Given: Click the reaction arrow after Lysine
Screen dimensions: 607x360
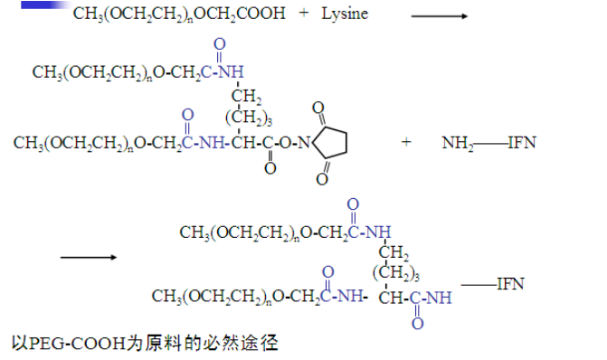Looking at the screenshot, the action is pyautogui.click(x=439, y=16).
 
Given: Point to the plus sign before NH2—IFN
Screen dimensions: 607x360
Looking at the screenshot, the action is pyautogui.click(x=406, y=142).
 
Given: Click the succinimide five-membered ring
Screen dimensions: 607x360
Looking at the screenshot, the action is pyautogui.click(x=331, y=141).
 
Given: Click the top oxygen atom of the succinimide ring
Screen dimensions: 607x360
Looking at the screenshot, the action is pyautogui.click(x=318, y=107).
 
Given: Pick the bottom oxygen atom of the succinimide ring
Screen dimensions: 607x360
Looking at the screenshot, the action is pyautogui.click(x=321, y=179).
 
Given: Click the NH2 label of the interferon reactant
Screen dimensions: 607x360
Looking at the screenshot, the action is pyautogui.click(x=458, y=143).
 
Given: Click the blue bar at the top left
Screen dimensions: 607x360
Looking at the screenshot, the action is pyautogui.click(x=42, y=5).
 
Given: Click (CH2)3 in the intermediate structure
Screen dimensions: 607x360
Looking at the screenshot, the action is pyautogui.click(x=249, y=117).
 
